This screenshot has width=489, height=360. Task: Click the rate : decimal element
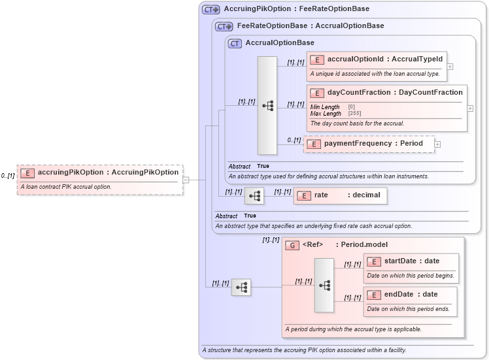pos(340,195)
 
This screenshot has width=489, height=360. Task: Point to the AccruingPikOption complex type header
pos(296,9)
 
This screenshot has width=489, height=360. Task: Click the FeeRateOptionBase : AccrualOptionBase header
pos(310,26)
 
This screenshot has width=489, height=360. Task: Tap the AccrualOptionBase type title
pos(279,43)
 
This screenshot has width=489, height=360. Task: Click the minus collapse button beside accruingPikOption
pos(186,180)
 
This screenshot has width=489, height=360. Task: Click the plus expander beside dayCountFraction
pos(471,108)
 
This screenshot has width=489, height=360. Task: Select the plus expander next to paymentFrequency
pos(437,144)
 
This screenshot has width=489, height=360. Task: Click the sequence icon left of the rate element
pos(255,195)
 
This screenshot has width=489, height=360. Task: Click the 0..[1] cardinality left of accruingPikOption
pos(8,176)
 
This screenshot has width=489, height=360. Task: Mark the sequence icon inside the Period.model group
pos(324,286)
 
